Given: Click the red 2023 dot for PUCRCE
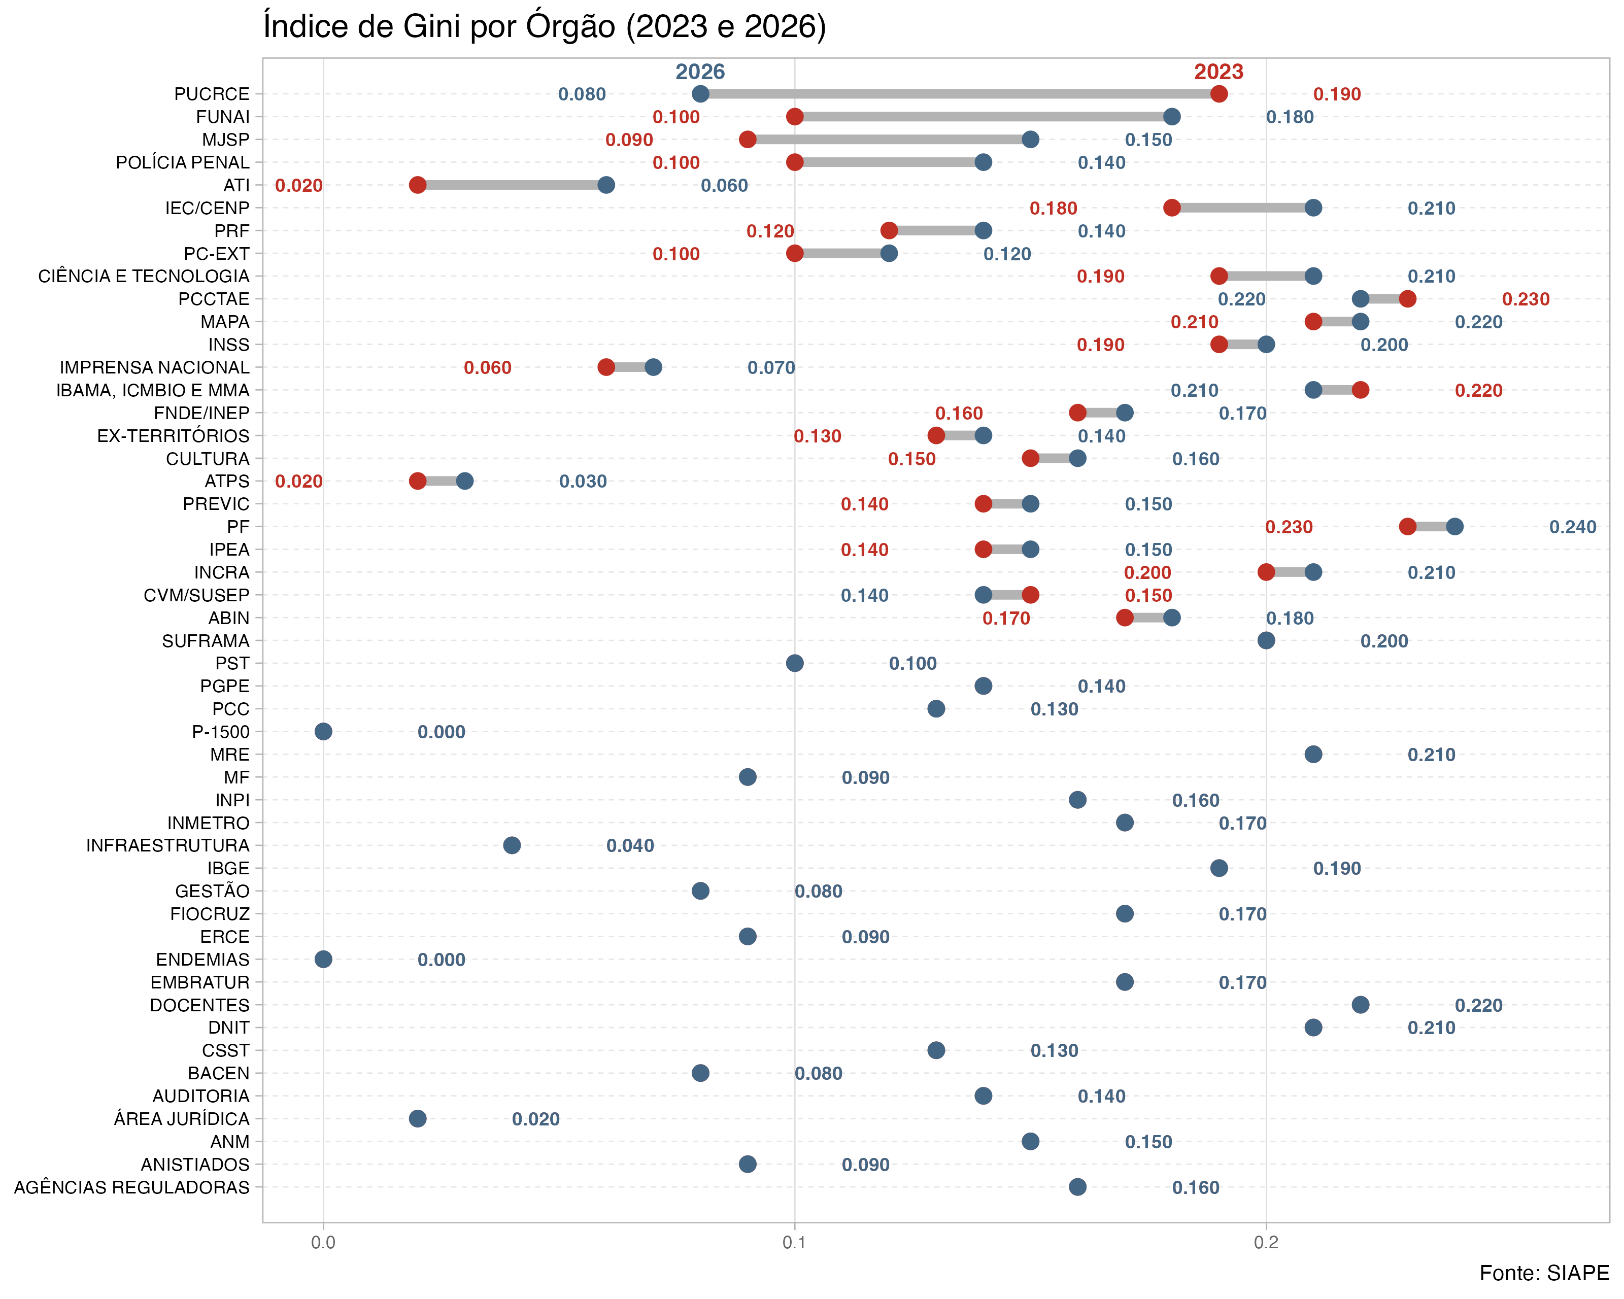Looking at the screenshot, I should tap(1219, 94).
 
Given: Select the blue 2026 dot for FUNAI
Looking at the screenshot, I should tap(1171, 117).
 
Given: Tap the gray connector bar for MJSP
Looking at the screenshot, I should tap(889, 140).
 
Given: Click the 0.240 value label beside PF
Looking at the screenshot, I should tap(1573, 527).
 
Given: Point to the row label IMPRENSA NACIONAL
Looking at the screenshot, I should tap(154, 367).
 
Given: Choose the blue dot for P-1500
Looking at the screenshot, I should tap(323, 731).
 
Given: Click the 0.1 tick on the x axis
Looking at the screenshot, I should tap(795, 1242).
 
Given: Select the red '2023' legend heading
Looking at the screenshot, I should tap(1219, 72).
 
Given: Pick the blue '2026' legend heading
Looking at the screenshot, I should tap(700, 72).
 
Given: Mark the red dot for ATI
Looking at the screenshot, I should tap(417, 185).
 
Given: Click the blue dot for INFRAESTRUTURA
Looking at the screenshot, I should tap(512, 845).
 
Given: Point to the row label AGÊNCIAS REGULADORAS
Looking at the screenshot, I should tap(132, 1187).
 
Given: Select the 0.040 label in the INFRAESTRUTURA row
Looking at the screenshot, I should tap(630, 846).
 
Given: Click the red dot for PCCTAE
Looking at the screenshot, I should tap(1407, 299).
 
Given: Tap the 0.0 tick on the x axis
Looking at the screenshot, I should tap(323, 1242).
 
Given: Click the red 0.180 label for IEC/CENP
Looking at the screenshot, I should tap(1053, 209).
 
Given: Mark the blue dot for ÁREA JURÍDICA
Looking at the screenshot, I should tap(417, 1118).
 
